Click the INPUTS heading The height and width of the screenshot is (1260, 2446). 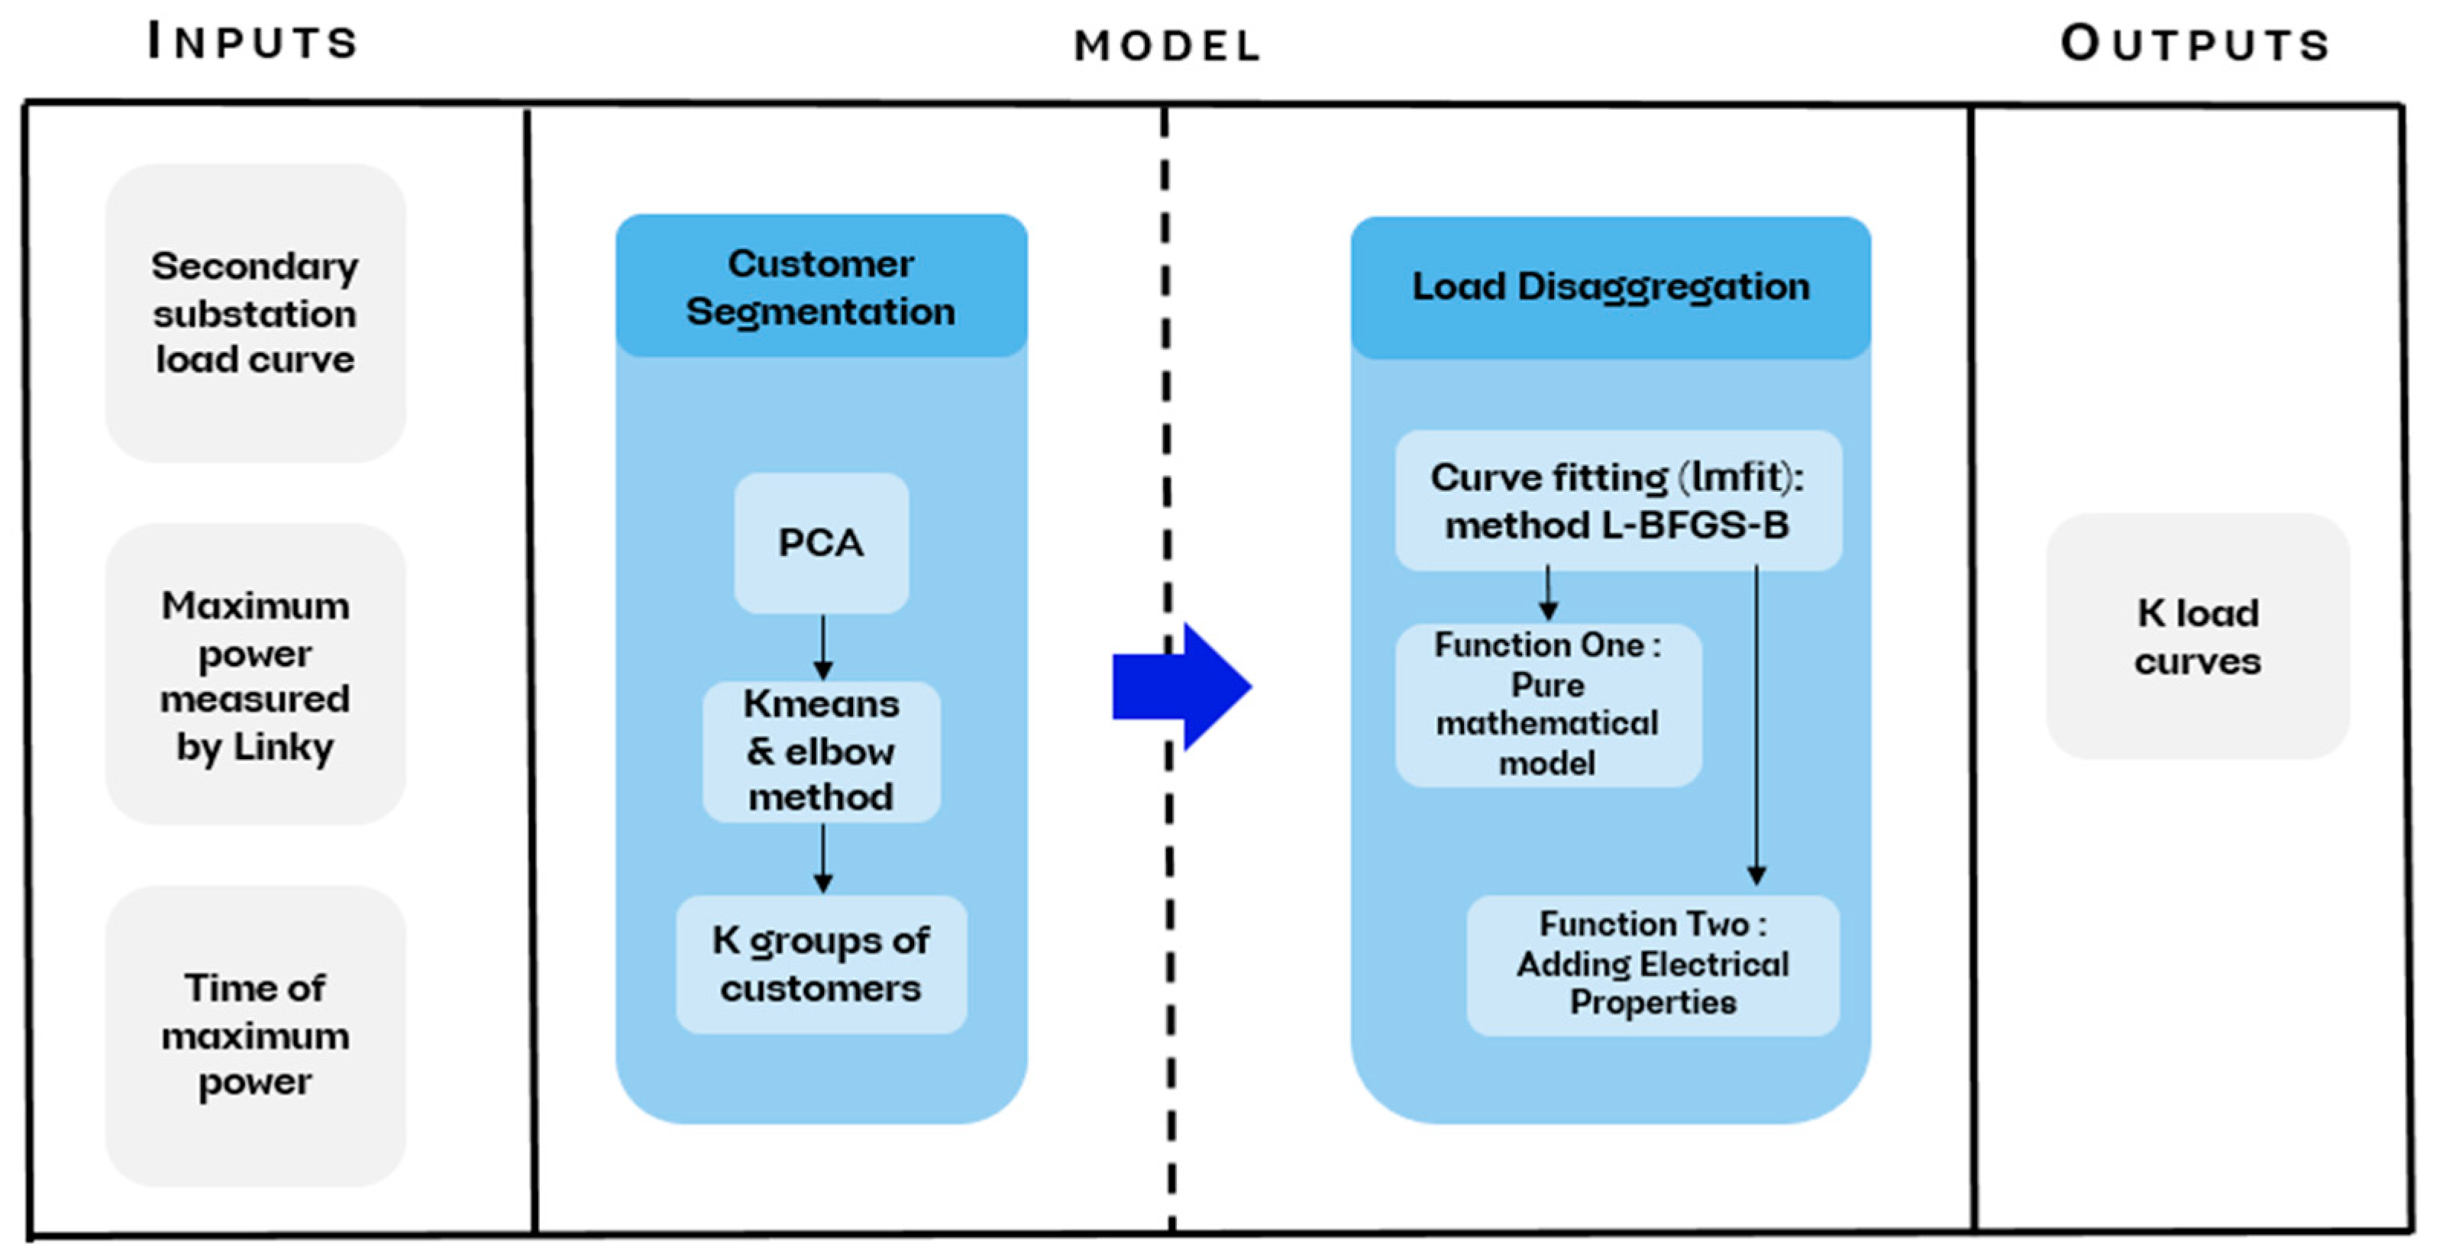pyautogui.click(x=253, y=42)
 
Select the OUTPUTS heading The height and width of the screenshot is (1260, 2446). pyautogui.click(x=2196, y=44)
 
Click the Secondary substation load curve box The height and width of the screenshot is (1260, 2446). pyautogui.click(x=255, y=312)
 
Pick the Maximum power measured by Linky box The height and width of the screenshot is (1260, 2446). pyautogui.click(x=255, y=675)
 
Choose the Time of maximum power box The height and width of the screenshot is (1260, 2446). pyautogui.click(x=255, y=1035)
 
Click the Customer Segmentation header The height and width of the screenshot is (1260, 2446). pyautogui.click(x=822, y=287)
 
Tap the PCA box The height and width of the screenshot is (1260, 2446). pyautogui.click(x=822, y=543)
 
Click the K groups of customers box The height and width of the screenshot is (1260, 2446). pyautogui.click(x=822, y=964)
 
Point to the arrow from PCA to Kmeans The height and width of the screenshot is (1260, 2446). pyautogui.click(x=823, y=647)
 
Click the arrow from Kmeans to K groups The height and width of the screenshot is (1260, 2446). pyautogui.click(x=823, y=858)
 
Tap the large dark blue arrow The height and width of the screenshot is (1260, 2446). pyautogui.click(x=1183, y=687)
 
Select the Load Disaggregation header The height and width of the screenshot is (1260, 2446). pyautogui.click(x=1611, y=287)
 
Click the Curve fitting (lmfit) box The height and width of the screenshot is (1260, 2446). pyautogui.click(x=1618, y=500)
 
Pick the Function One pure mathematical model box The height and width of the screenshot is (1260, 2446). pyautogui.click(x=1548, y=705)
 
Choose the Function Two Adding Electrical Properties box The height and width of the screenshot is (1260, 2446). pyautogui.click(x=1653, y=964)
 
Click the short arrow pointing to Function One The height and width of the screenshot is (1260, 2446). pyautogui.click(x=1549, y=593)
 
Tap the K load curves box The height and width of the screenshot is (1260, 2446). pyautogui.click(x=2197, y=636)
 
